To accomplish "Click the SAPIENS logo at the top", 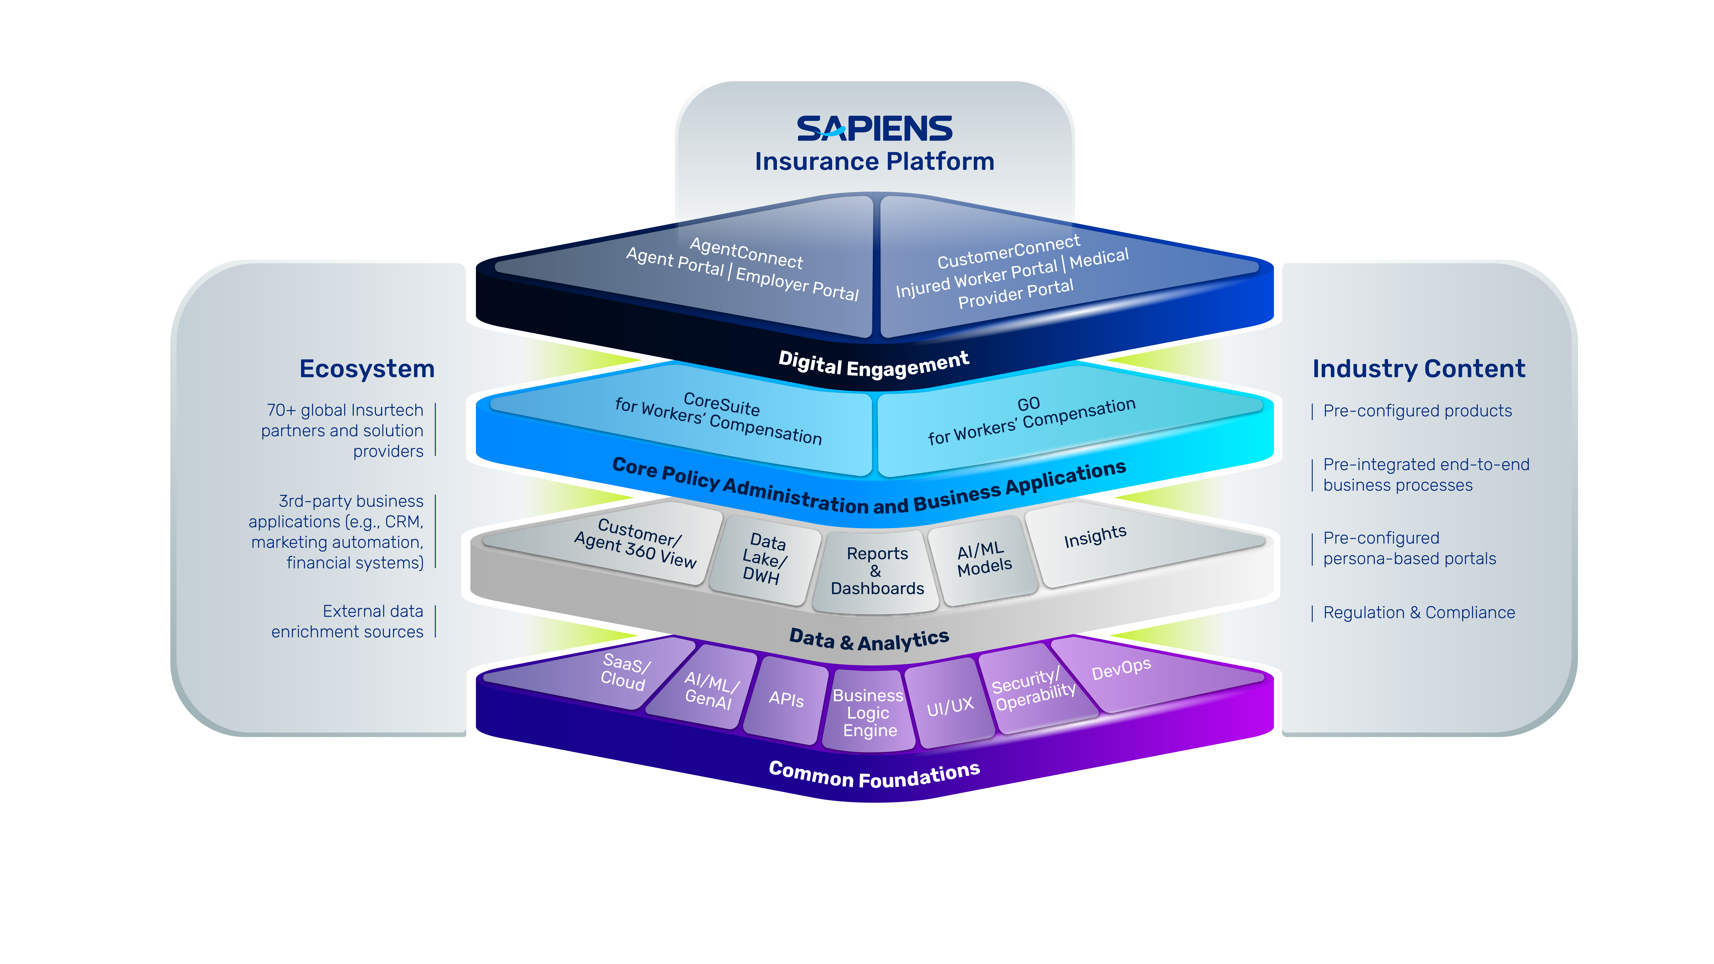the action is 874,129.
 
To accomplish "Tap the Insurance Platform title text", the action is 874,162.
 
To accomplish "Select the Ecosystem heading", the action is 367,369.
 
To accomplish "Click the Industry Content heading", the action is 1419,369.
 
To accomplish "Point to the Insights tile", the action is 1131,546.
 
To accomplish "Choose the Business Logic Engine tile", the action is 868,712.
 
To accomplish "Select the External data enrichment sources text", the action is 347,621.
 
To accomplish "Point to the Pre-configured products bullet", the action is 1417,411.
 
